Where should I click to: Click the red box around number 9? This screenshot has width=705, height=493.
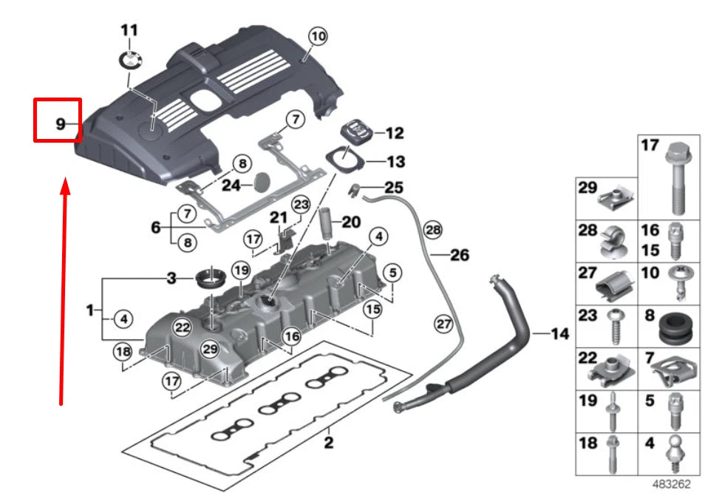58,120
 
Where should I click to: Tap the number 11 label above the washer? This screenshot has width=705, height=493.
129,30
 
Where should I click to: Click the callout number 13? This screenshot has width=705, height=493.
396,161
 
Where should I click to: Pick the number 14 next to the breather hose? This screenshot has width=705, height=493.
559,334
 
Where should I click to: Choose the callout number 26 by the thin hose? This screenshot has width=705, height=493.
460,255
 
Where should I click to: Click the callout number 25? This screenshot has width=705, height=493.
394,188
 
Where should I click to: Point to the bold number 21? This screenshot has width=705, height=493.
278,217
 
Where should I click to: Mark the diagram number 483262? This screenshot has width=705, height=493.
671,484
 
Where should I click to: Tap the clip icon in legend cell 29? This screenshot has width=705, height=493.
613,197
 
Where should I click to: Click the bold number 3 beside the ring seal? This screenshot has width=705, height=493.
171,279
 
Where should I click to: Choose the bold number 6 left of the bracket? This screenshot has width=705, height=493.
156,228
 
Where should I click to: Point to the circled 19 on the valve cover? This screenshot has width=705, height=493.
241,271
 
